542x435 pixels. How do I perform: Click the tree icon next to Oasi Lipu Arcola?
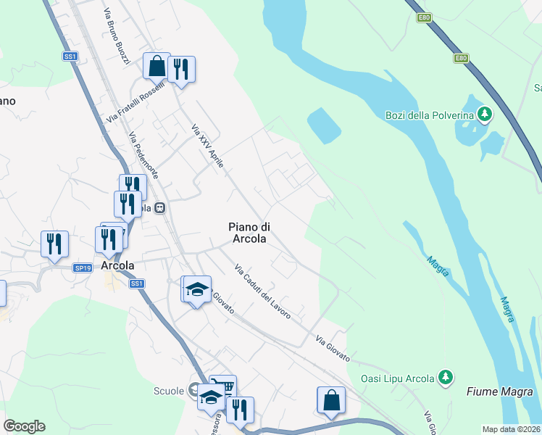[x=447, y=377]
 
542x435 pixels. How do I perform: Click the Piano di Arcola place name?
[x=249, y=233]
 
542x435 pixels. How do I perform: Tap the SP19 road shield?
[x=83, y=268]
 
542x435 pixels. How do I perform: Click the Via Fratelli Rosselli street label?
[x=135, y=101]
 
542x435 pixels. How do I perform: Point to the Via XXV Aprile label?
[x=207, y=146]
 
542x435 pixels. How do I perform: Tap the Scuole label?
[x=169, y=391]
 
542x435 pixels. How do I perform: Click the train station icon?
[x=160, y=207]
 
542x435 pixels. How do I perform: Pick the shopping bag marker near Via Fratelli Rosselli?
[x=157, y=67]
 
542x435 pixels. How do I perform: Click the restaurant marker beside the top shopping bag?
[x=181, y=70]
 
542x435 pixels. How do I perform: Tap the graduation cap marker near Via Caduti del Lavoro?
[x=196, y=290]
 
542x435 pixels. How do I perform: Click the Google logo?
[x=24, y=426]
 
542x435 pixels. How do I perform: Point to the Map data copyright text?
[x=512, y=429]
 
